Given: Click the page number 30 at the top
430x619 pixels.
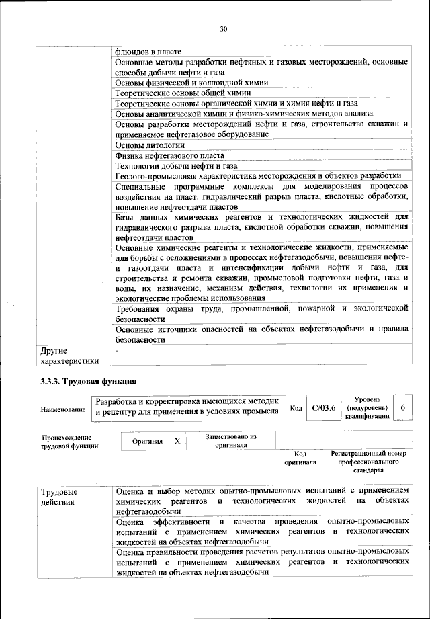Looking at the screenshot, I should (x=224, y=28).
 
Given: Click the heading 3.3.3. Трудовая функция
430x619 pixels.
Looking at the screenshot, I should (x=89, y=382).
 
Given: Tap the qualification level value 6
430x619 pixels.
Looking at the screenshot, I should (x=402, y=408).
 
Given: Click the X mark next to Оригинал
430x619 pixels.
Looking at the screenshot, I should (x=177, y=441).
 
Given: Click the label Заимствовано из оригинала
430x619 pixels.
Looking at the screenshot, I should (x=230, y=441).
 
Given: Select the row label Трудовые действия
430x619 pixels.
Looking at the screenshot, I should (x=58, y=497).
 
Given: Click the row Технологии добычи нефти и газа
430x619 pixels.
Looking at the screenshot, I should (x=176, y=166).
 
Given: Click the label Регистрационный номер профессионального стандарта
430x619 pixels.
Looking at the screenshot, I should (x=369, y=462).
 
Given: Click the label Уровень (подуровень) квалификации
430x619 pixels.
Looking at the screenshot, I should (x=367, y=408).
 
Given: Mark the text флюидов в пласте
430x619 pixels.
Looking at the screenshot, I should (x=148, y=51).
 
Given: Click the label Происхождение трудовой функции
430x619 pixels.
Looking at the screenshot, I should (x=70, y=441).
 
